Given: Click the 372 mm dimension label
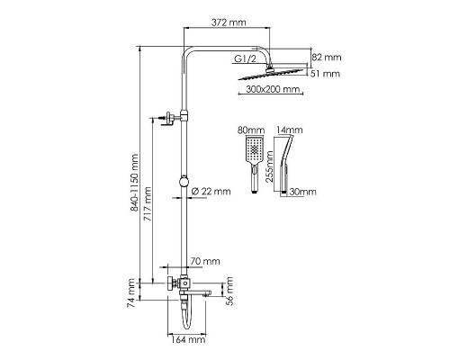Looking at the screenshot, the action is click(229, 22).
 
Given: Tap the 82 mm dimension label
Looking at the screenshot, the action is click(327, 57).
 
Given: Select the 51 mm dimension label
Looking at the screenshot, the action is click(325, 74).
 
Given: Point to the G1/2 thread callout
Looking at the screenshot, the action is click(245, 58).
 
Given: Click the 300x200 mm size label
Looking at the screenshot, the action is click(273, 89).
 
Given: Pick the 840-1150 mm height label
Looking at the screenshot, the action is click(134, 183).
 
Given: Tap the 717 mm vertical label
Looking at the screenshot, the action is click(148, 204).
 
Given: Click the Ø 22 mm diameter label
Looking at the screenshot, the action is click(211, 191).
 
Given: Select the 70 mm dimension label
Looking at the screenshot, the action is click(205, 261).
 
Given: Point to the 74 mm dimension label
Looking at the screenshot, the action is click(131, 292).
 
